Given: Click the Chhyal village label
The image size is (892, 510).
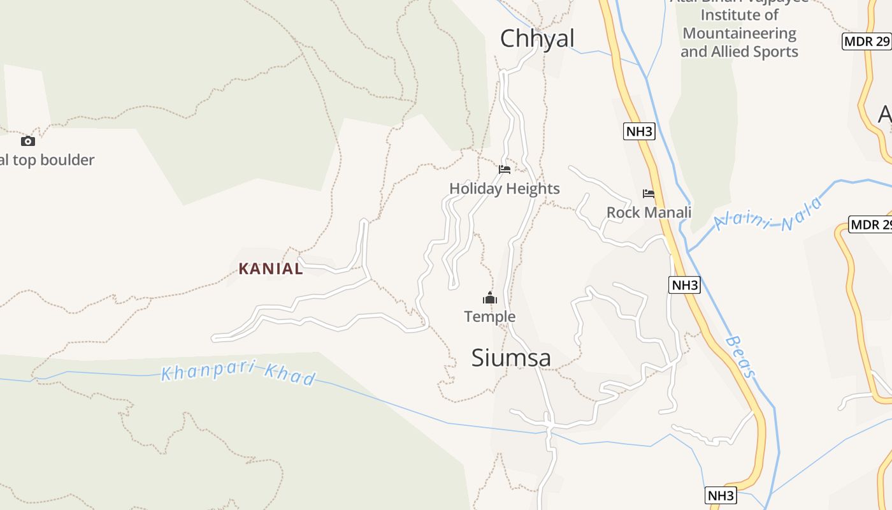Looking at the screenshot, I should [537, 38].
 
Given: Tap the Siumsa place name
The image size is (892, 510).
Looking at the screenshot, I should [511, 358].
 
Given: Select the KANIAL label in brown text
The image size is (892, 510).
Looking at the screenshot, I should [271, 268].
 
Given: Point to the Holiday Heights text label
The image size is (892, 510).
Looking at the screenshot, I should [505, 189].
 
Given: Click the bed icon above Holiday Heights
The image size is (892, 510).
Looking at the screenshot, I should [505, 170].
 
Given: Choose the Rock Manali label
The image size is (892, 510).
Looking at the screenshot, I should [649, 212].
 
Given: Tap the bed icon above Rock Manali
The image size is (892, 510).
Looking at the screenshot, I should [649, 194].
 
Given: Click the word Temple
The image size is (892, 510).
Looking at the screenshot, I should [489, 316].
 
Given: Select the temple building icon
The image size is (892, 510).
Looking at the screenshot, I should [489, 298].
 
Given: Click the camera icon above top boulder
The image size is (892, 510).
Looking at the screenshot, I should [27, 141].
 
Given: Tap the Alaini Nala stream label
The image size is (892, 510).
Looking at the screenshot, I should [768, 214].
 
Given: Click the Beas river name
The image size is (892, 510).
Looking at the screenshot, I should [740, 357].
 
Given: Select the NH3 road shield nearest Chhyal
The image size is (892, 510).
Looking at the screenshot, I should [639, 131].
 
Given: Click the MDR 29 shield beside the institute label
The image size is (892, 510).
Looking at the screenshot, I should [866, 42].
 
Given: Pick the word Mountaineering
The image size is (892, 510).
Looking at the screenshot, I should [739, 33].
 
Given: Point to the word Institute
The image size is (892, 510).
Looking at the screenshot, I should [739, 15].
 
